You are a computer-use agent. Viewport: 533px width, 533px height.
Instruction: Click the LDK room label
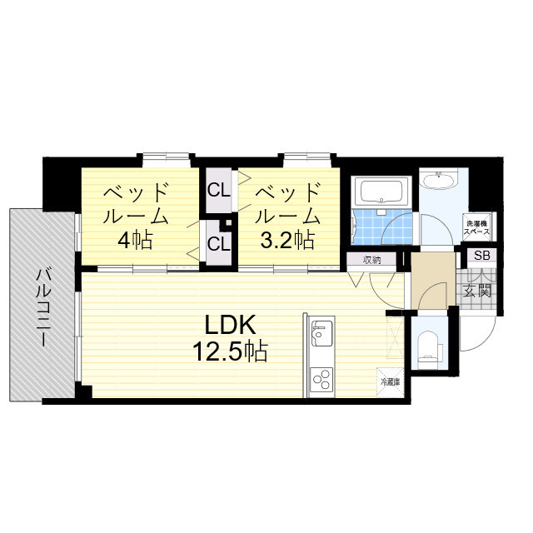[x=230, y=325]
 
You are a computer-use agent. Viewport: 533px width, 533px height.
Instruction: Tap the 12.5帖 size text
[x=230, y=351]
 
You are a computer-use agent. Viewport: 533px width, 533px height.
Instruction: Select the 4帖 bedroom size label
[x=135, y=241]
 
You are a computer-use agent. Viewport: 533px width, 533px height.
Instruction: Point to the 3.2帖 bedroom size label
[x=286, y=240]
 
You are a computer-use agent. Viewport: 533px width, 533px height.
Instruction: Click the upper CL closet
[x=219, y=191]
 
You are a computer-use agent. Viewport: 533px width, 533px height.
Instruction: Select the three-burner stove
[x=321, y=380]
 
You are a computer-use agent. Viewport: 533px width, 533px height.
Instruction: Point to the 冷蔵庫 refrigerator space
[x=390, y=382]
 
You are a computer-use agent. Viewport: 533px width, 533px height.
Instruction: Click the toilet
[x=429, y=351]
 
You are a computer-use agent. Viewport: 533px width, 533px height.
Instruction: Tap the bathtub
[x=381, y=191]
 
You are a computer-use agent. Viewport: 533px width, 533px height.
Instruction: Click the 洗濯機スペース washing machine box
[x=477, y=227]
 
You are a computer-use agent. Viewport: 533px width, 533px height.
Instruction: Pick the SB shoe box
[x=481, y=256]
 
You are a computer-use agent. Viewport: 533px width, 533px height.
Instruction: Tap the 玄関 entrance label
[x=478, y=291]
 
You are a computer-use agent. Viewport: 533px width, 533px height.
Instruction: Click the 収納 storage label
[x=372, y=261]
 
